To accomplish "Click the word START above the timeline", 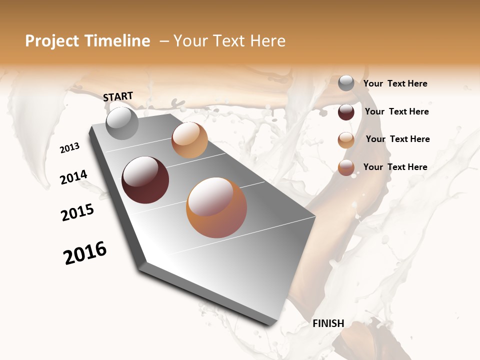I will tap(118, 96).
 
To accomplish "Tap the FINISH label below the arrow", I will tap(328, 323).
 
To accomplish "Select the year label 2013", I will tap(69, 148).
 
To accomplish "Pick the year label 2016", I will tap(85, 253).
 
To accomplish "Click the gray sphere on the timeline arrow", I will tap(122, 123).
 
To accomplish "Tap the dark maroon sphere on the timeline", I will tap(145, 180).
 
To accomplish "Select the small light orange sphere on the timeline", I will tap(189, 140).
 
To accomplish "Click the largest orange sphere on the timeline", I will tap(216, 207).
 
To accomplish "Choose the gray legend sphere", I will tap(346, 83).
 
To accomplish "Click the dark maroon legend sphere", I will tap(346, 112).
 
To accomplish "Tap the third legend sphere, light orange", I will tap(346, 140).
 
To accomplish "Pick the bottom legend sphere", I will tap(346, 168).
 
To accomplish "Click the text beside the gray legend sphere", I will tap(395, 84).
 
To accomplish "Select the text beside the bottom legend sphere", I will tap(395, 167).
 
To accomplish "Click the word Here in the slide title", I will tap(267, 41).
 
